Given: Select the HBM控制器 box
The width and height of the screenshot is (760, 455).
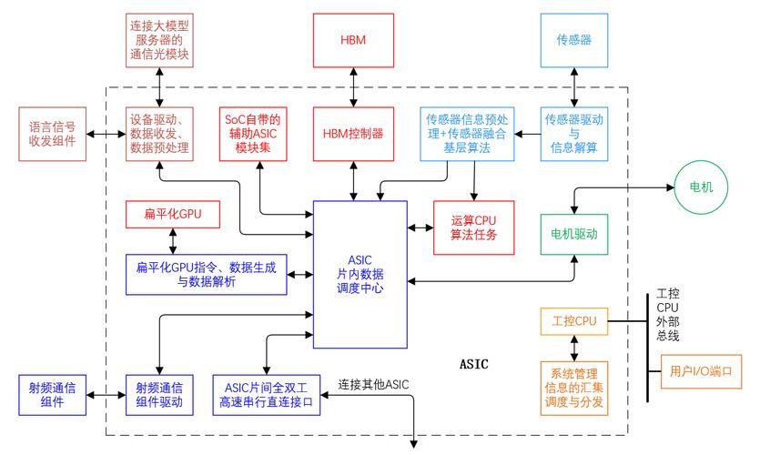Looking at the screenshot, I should [353, 133].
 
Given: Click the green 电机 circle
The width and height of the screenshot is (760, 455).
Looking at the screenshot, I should [702, 187].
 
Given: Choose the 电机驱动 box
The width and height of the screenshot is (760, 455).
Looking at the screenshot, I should [573, 234].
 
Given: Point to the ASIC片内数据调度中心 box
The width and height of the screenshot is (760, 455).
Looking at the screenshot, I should [360, 274].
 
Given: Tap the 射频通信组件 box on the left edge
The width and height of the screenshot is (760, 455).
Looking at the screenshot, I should [53, 394].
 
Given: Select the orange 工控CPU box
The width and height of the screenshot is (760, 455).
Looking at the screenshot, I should [573, 321].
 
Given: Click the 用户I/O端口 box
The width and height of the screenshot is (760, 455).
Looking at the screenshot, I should [700, 371].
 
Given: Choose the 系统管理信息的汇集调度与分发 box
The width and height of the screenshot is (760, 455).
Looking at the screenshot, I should [573, 386].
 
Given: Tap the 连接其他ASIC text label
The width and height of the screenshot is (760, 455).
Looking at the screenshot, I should [373, 383].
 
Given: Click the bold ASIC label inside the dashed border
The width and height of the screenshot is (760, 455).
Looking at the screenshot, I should [474, 364].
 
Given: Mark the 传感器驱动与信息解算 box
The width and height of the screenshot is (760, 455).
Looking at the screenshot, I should [573, 133].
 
